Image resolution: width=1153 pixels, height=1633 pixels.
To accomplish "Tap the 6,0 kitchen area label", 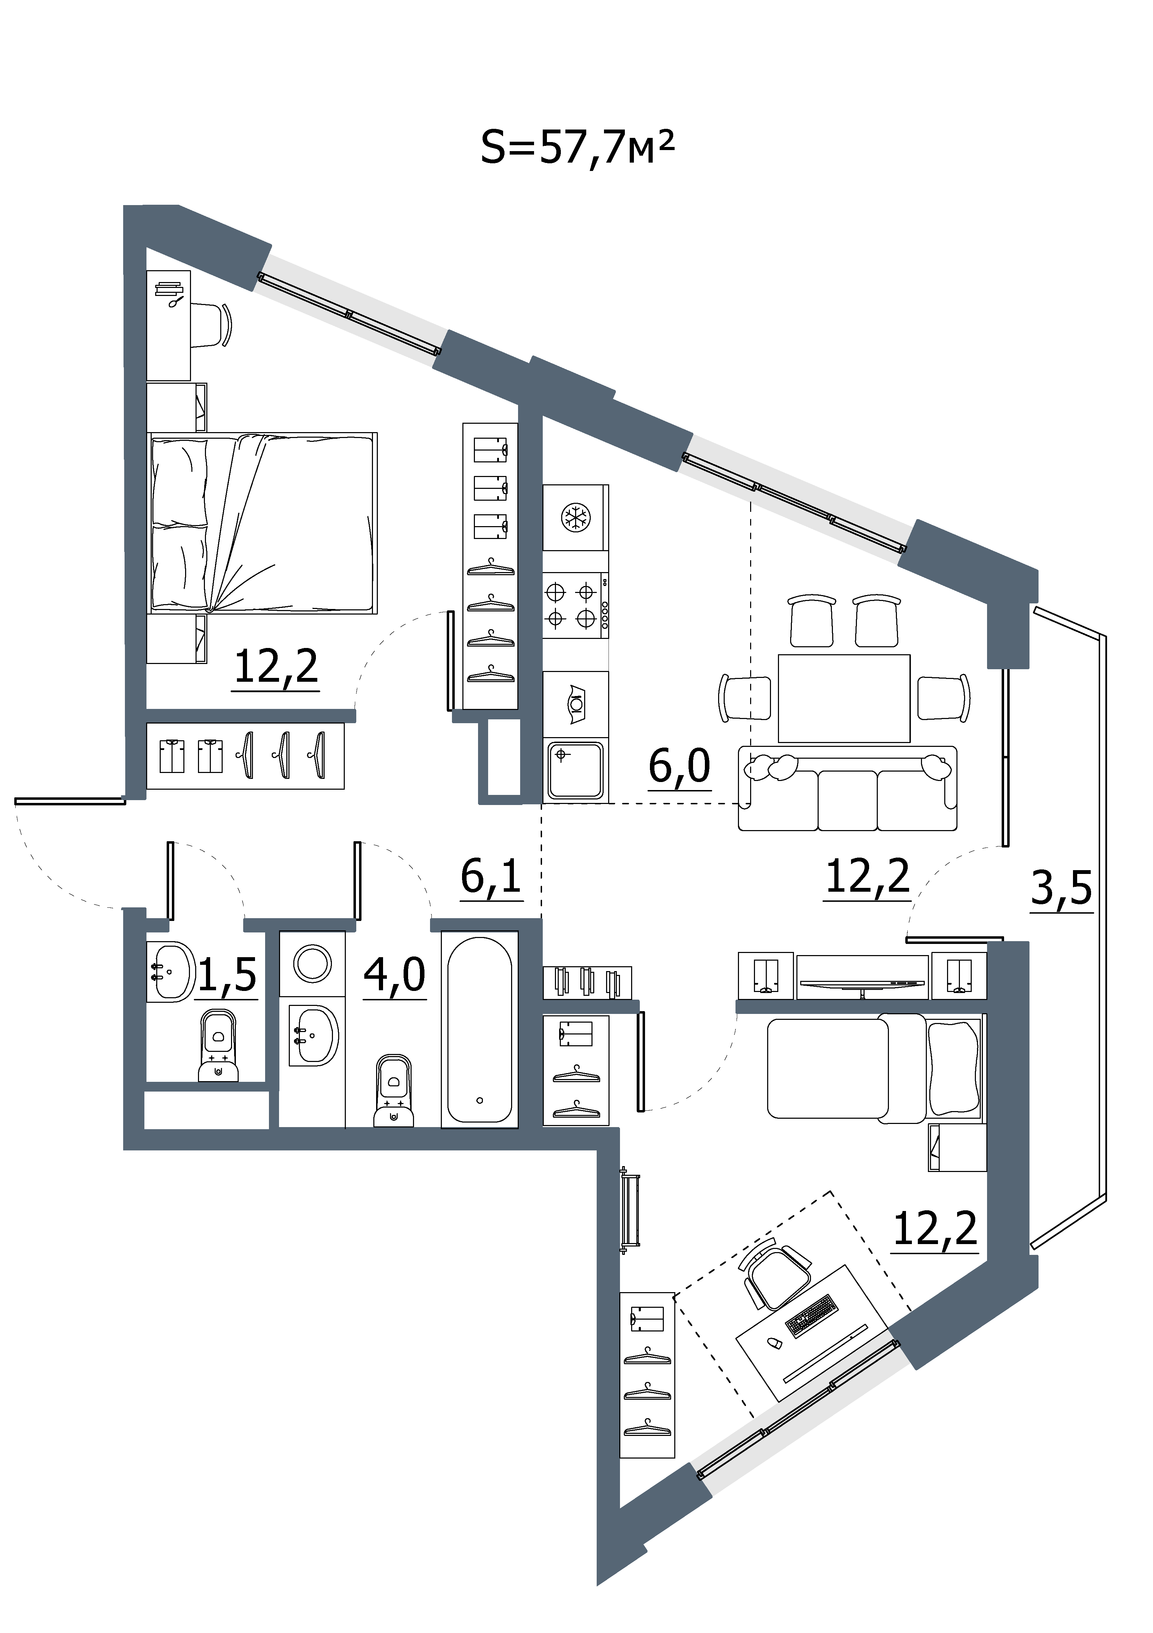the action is point(679,767).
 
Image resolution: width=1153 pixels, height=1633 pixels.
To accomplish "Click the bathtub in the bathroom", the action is point(480,1030).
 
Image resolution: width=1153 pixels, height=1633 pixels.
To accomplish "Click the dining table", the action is point(844,698).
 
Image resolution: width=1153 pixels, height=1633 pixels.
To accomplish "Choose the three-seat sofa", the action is point(847,788).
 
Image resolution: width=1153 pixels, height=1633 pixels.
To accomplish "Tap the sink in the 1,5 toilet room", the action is point(170,971).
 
